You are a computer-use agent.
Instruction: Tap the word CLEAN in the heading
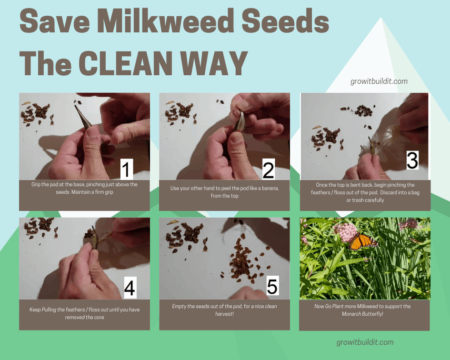pos(125,63)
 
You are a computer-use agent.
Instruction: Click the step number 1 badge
pos(127,169)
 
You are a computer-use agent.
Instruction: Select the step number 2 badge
pos(269,170)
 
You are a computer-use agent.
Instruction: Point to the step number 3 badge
pos(412,160)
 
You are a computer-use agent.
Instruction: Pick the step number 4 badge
pos(130,287)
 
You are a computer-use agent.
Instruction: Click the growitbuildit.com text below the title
pos(379,81)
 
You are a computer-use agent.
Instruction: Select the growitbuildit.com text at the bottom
pos(365,342)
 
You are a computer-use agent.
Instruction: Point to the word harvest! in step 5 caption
pos(224,314)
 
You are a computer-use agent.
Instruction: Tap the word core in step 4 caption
pos(99,317)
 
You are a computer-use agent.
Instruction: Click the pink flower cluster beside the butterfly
pos(345,232)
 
